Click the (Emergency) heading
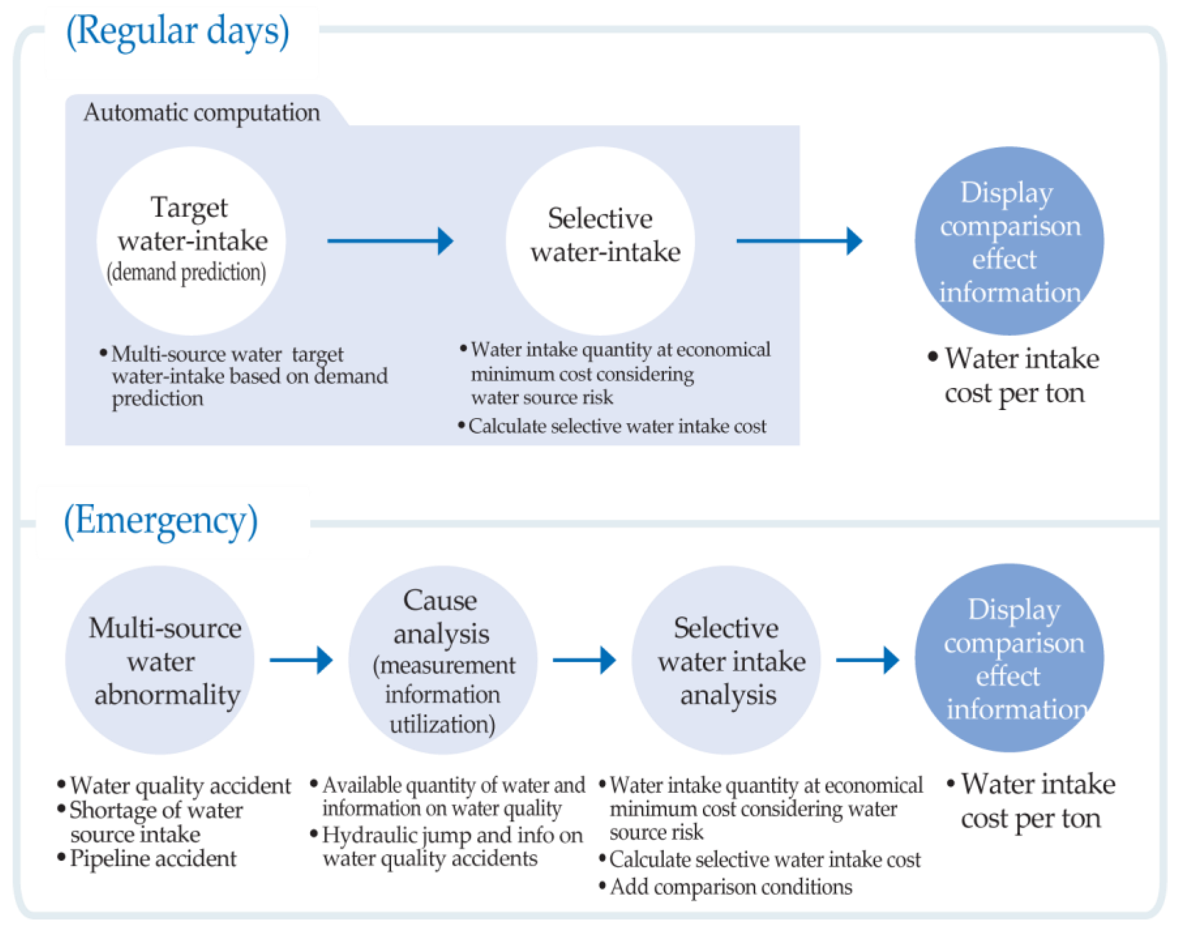(x=161, y=521)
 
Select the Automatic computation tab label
(x=202, y=113)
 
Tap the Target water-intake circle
(x=191, y=240)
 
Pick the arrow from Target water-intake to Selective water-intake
(x=390, y=240)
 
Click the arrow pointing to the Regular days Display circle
(x=799, y=240)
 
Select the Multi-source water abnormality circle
(x=160, y=661)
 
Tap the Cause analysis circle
(x=442, y=661)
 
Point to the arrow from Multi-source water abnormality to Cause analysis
(x=301, y=661)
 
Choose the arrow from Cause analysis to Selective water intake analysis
(x=584, y=661)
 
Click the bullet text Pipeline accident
(x=153, y=859)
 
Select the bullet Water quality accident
(x=180, y=786)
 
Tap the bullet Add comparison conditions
(x=731, y=887)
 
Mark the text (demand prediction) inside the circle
(x=186, y=273)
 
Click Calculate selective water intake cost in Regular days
(x=616, y=427)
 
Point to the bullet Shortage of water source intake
(x=156, y=822)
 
